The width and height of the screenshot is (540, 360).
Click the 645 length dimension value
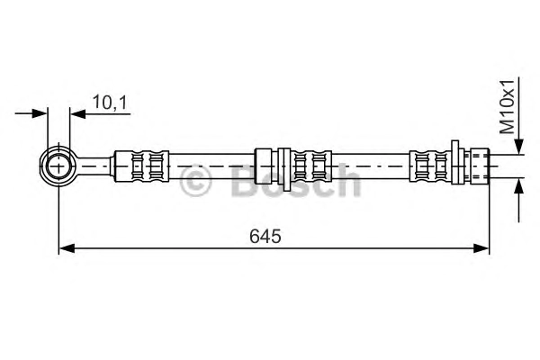point(265,236)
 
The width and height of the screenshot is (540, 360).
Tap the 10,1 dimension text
point(110,103)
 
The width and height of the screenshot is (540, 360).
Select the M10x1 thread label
point(507,107)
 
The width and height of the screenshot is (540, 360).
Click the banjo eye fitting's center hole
point(58,166)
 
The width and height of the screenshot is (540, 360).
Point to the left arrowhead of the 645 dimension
point(67,248)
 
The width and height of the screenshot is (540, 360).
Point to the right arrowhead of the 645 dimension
point(481,248)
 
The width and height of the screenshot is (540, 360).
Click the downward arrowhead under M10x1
point(519,146)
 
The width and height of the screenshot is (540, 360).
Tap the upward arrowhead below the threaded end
point(519,186)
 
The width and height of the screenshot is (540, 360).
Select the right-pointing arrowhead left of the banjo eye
point(40,113)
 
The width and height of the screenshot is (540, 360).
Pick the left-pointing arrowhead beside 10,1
point(77,113)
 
